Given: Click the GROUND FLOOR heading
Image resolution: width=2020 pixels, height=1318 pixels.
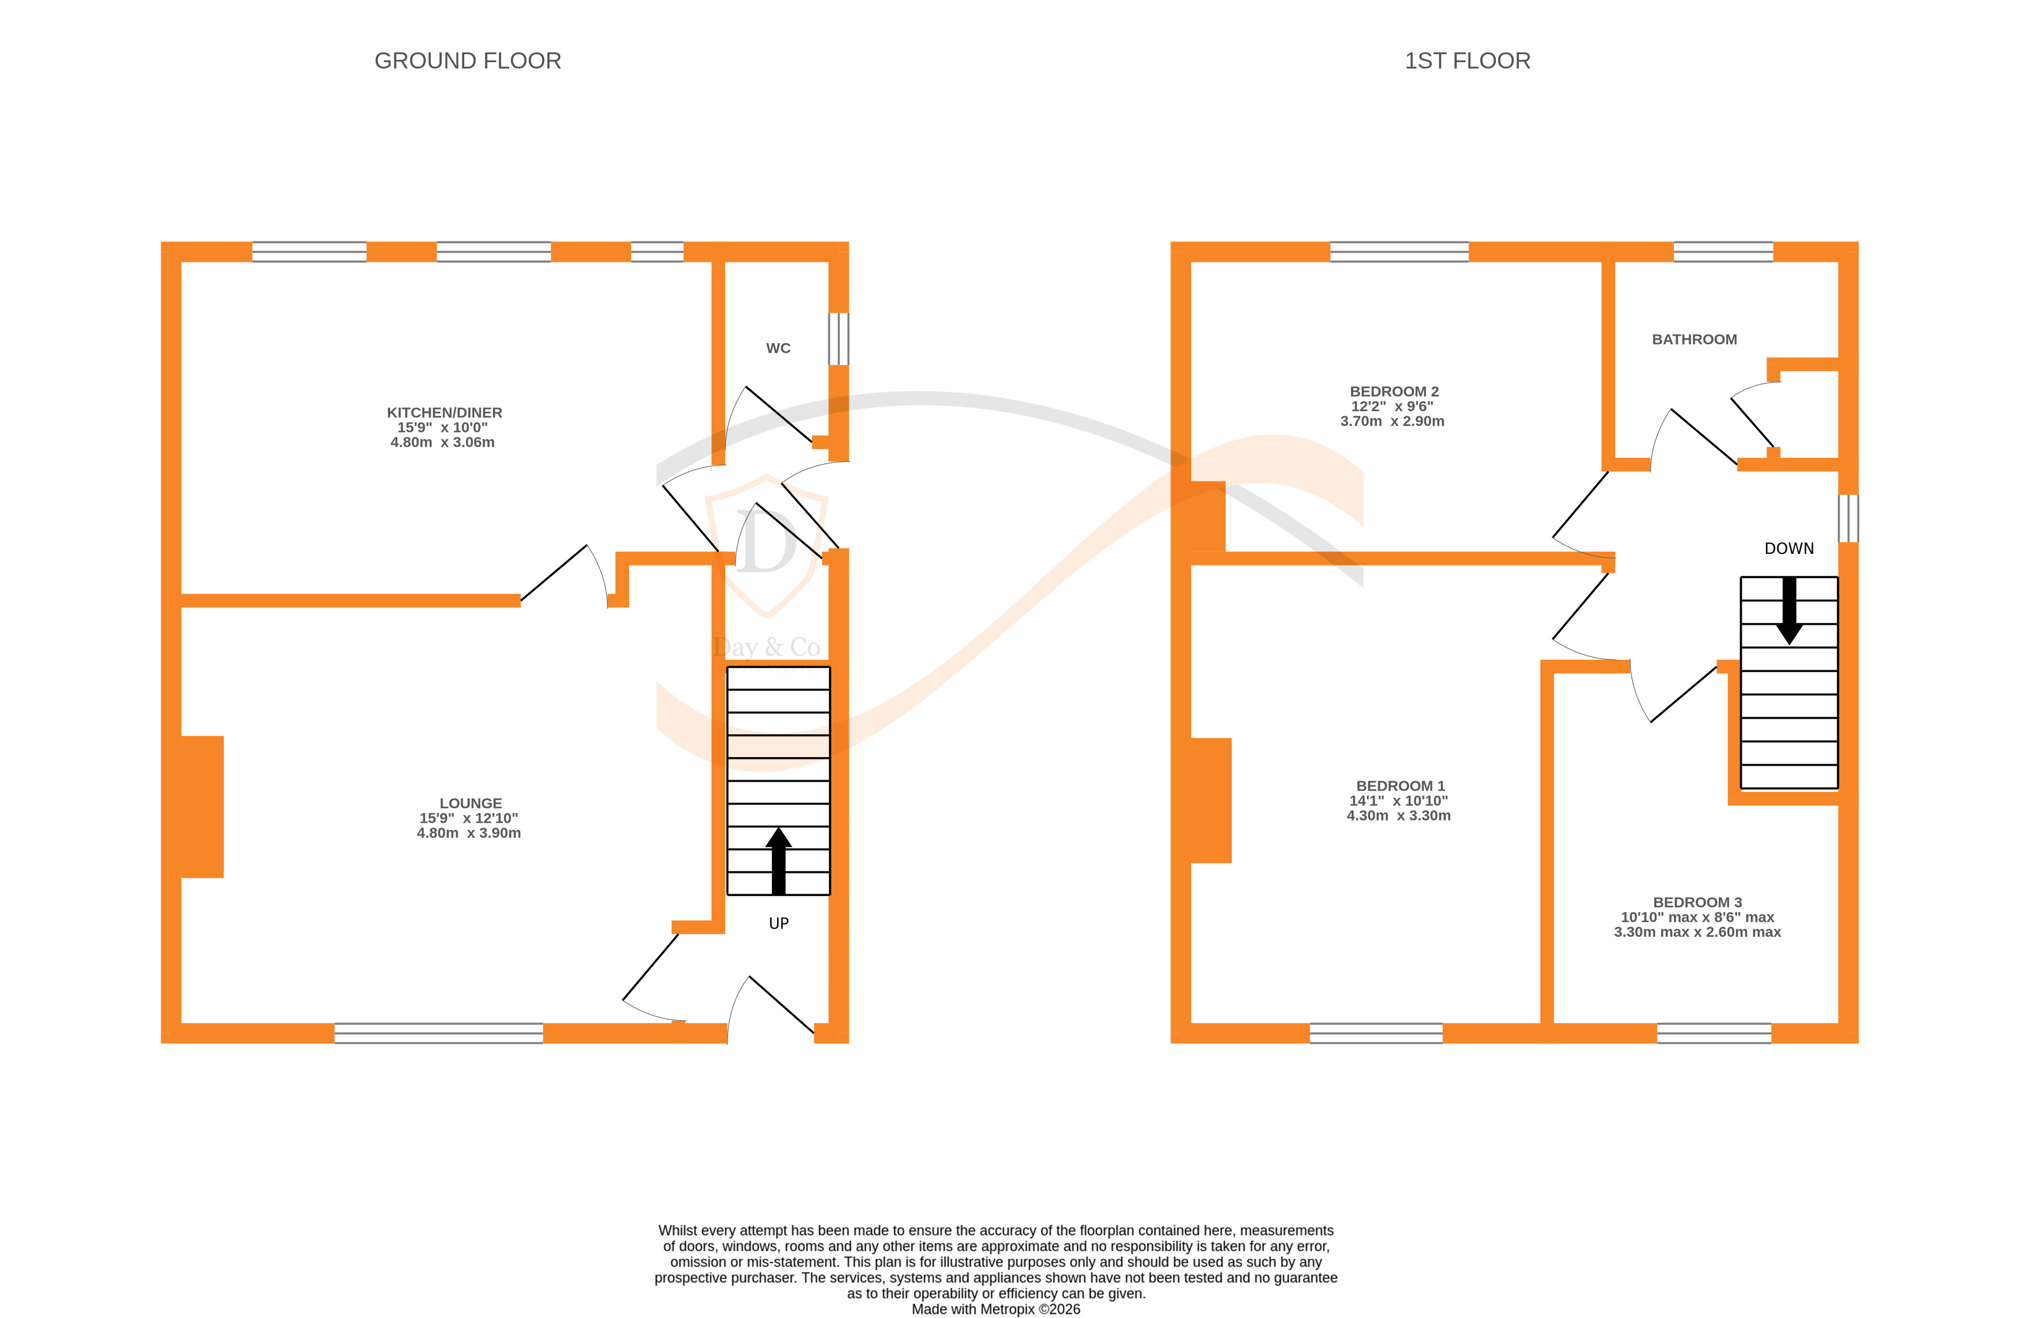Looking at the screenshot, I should point(468,61).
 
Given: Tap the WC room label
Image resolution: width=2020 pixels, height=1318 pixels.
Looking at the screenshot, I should point(778,348).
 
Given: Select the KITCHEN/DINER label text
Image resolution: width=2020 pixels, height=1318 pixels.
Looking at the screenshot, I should point(444,412).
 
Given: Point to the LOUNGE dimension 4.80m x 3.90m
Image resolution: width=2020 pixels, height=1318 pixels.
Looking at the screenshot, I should point(468,833).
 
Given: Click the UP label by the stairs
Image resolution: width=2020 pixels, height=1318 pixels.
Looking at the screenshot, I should point(778,924).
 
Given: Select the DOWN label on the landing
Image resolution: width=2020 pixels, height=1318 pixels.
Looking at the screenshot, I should point(1788,548).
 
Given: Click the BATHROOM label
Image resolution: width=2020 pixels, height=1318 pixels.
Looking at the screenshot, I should point(1693,340).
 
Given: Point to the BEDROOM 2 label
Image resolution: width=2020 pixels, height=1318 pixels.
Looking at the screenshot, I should point(1394,391).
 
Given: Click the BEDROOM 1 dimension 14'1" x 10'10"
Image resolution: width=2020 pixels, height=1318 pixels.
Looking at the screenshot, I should point(1398,800).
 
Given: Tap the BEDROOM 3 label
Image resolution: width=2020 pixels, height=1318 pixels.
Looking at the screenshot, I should point(1697,902).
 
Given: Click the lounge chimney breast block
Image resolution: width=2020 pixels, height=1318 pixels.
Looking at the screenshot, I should point(202,806).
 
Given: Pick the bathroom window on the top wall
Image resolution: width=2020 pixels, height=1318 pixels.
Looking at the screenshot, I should point(1722,251).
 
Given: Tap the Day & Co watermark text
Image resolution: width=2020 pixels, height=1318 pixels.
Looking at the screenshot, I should point(767,648).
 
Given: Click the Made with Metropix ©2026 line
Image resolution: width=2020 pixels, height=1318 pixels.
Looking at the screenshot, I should point(995,1309).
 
